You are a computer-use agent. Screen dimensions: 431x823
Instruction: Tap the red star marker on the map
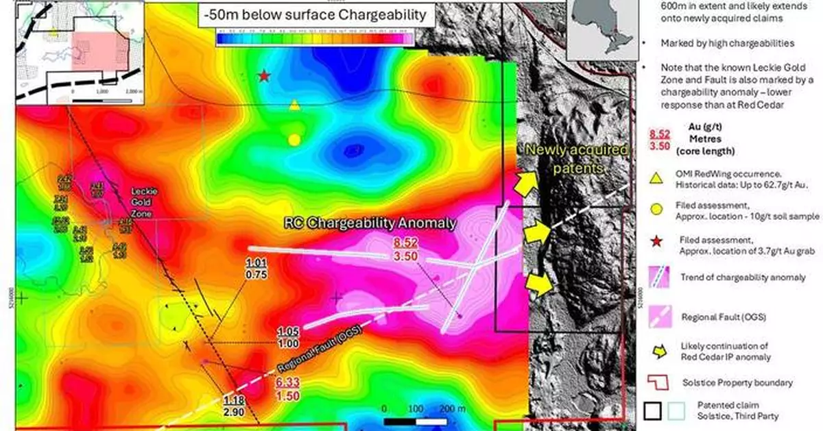click(x=264, y=76)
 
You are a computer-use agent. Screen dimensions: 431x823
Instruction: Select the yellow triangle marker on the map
click(x=294, y=105)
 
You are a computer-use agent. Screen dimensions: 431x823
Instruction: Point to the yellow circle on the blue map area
click(x=294, y=140)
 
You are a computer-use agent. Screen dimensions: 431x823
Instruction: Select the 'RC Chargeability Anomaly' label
click(x=371, y=223)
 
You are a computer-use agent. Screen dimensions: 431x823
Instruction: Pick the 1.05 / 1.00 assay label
click(x=288, y=337)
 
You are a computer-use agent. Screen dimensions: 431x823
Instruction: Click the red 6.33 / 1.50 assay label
click(x=288, y=389)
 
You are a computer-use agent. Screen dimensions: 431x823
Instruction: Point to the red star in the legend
click(x=656, y=241)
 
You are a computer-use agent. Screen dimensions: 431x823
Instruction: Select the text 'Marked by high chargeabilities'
click(x=727, y=43)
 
